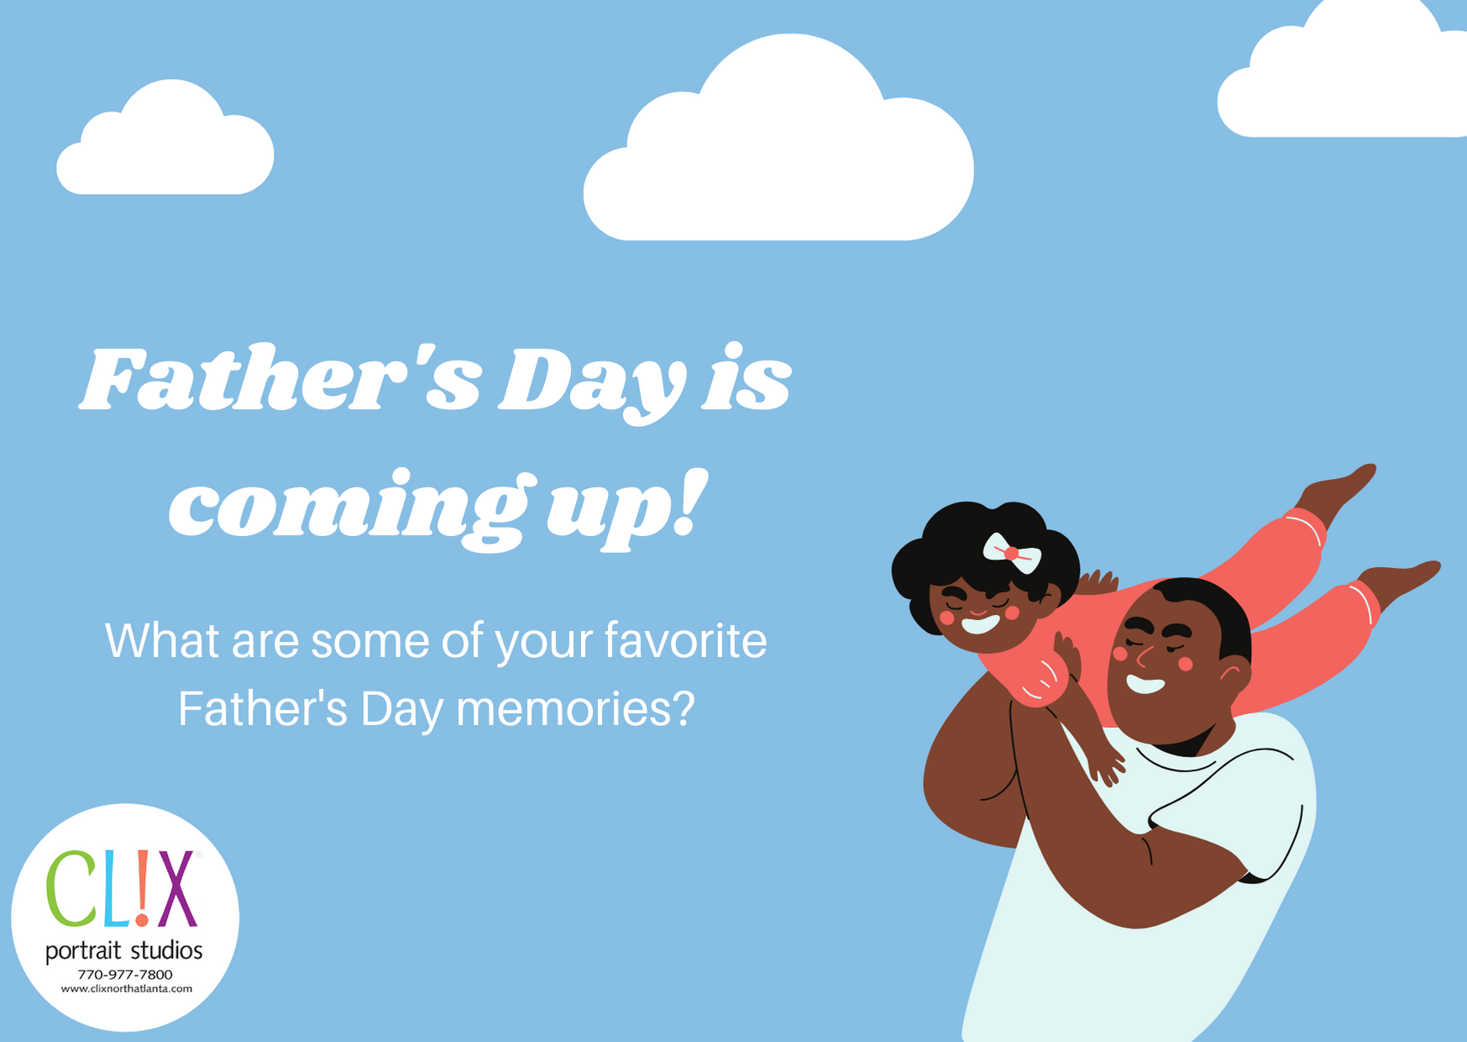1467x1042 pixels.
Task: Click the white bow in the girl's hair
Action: click(1012, 553)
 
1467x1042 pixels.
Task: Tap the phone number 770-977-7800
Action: click(125, 975)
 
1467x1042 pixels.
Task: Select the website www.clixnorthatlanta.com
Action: click(126, 989)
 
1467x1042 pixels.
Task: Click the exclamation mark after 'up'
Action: click(689, 503)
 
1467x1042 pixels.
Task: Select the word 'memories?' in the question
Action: click(575, 708)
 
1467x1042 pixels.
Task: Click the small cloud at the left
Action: click(165, 139)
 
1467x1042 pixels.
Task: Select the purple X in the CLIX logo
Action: click(177, 889)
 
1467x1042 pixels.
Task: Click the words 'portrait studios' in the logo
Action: click(124, 951)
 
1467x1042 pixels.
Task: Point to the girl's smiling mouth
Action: click(980, 624)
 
